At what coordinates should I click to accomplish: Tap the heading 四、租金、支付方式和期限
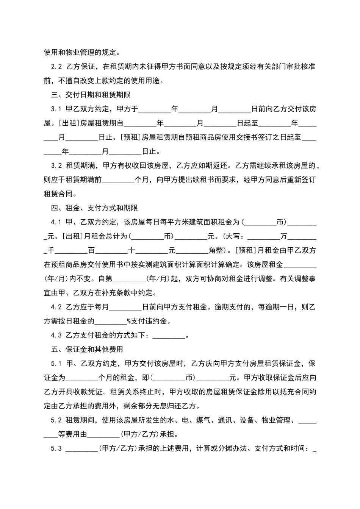tap(94, 208)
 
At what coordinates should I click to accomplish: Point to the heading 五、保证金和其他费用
tap(87, 349)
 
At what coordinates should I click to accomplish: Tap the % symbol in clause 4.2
tap(129, 321)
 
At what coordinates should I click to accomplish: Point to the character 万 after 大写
tap(283, 236)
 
